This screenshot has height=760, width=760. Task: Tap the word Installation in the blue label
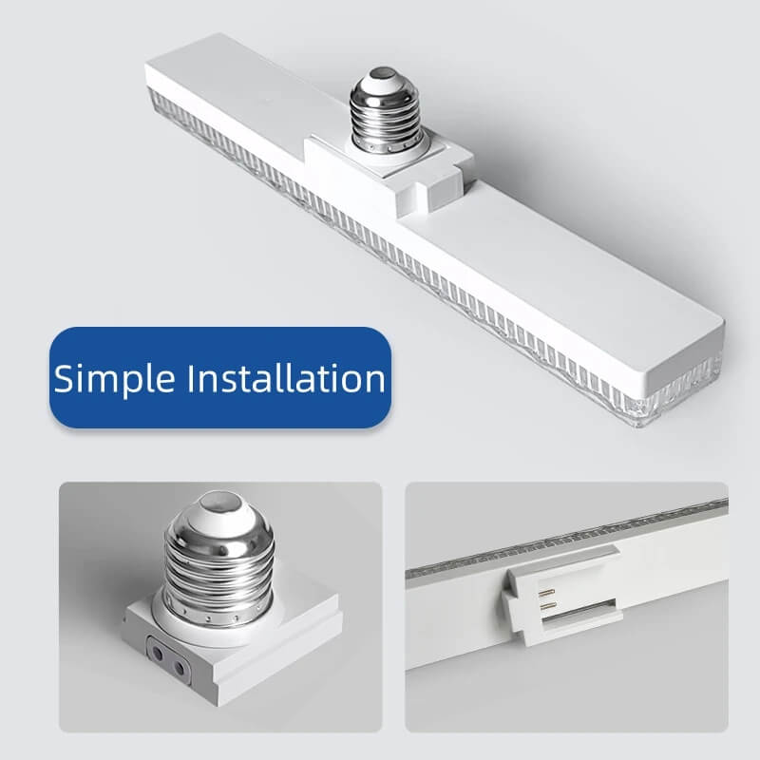(x=284, y=377)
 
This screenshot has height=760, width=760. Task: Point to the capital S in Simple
(x=64, y=378)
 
